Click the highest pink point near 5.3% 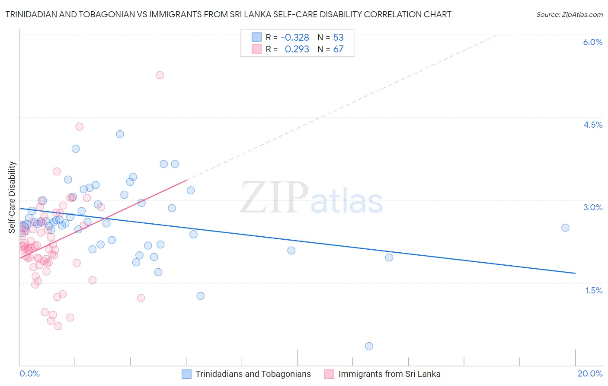point(160,75)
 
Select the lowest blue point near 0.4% point(369,346)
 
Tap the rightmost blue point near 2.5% point(565,228)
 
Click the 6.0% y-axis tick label point(592,42)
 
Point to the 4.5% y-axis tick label point(592,125)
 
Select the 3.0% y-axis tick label point(592,207)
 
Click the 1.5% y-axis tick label point(594,290)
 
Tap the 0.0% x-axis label point(29,373)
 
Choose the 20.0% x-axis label point(590,373)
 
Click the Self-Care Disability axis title point(12,197)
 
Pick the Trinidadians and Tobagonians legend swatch point(186,374)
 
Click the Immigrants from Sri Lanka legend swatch point(330,374)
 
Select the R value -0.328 point(295,37)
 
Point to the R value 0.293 point(297,49)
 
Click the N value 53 point(338,37)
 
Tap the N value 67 point(338,49)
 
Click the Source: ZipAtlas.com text point(569,15)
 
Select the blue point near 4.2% point(120,134)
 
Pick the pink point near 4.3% point(79,127)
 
